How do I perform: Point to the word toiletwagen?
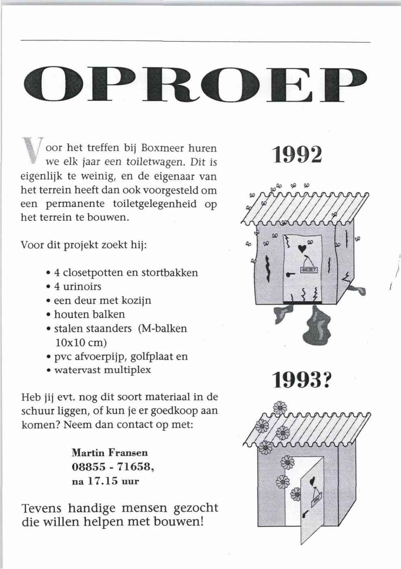pos(157,162)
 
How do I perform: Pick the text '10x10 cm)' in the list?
pos(80,342)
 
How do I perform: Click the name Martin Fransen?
pos(110,452)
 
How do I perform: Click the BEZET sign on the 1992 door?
pos(310,269)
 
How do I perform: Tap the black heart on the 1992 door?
pos(301,248)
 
